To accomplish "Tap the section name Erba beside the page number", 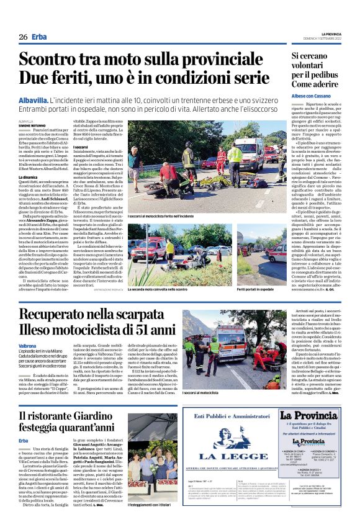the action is coord(40,37).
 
